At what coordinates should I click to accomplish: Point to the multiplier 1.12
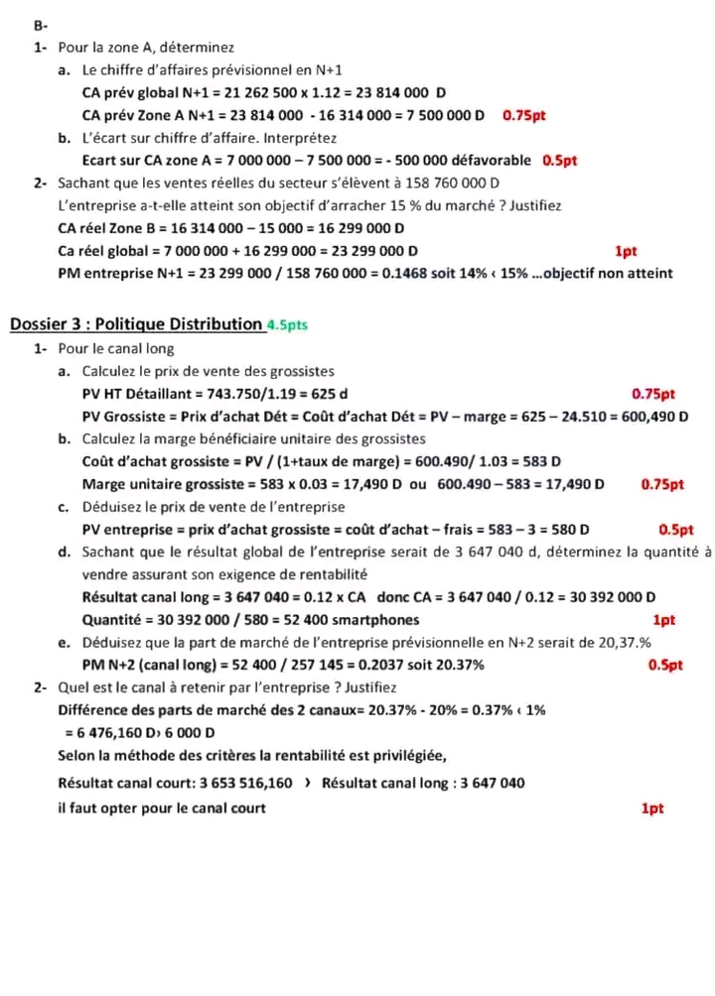318,92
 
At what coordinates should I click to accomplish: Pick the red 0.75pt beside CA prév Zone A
524,115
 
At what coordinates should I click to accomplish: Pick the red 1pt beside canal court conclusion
651,809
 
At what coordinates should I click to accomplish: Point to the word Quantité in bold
111,620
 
